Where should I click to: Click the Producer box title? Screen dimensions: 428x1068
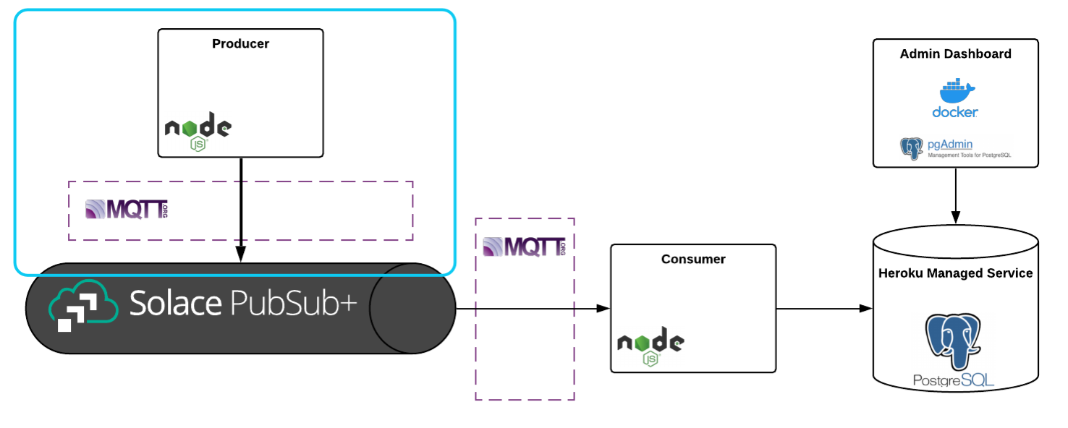point(240,44)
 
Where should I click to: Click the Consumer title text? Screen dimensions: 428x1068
point(692,260)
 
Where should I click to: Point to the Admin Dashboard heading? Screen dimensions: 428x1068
point(955,54)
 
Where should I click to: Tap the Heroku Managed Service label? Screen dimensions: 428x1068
point(955,273)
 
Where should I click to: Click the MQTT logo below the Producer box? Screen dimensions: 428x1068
point(126,210)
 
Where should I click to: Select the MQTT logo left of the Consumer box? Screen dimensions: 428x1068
point(523,247)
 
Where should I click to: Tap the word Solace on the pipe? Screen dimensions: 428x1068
point(175,304)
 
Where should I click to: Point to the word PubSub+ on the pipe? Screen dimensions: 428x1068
point(293,304)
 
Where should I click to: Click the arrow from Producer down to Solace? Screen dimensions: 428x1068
point(240,210)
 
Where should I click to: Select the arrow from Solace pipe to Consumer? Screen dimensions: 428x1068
point(533,309)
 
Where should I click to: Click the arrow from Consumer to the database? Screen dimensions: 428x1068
point(823,309)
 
